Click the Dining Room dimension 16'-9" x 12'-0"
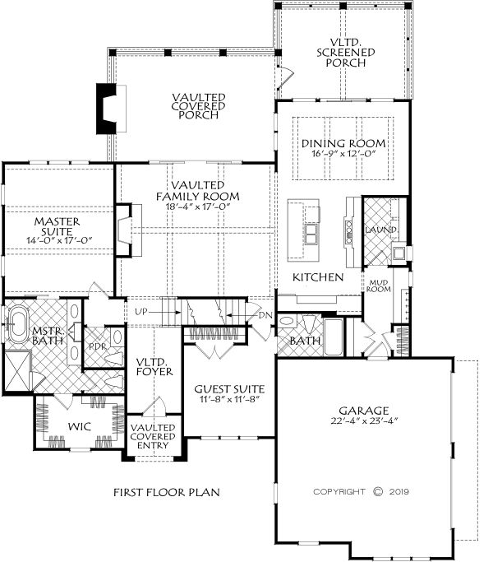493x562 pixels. (343, 154)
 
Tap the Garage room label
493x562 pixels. (364, 411)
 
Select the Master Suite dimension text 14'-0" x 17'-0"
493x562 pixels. (59, 240)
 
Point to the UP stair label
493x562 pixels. (141, 312)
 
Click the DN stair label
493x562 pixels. (265, 315)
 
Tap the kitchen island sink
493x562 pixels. (311, 235)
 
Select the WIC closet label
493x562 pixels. (80, 426)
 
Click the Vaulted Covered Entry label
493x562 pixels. (153, 437)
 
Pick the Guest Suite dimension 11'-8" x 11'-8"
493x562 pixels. (229, 399)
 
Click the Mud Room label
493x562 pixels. (379, 286)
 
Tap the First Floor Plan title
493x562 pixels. (167, 492)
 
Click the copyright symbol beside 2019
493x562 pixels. (378, 491)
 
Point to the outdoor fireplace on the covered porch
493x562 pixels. (106, 109)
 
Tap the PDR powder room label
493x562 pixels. (98, 346)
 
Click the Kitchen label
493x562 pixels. (318, 277)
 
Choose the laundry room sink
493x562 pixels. (399, 253)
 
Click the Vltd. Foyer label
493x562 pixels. (154, 366)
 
